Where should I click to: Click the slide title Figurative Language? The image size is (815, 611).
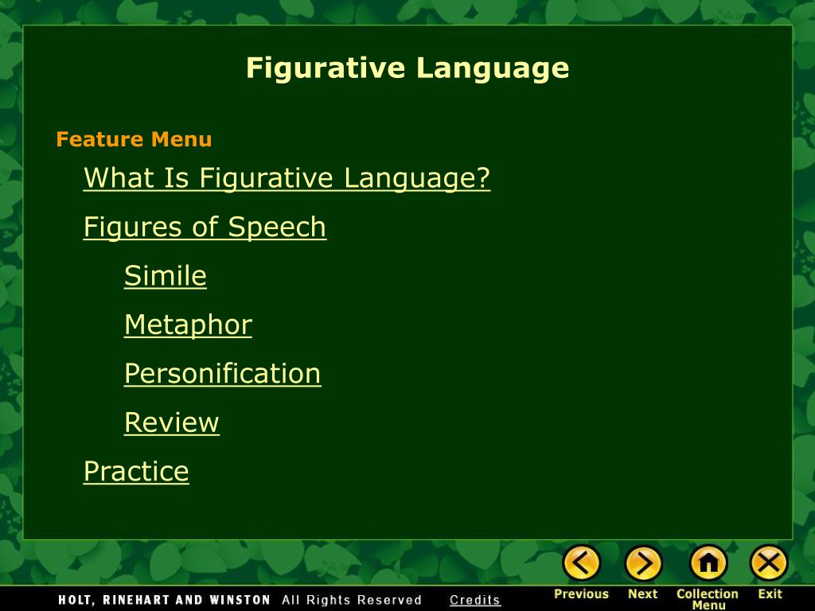click(407, 68)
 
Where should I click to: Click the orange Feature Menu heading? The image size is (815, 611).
click(134, 139)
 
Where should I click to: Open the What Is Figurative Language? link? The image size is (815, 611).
click(287, 178)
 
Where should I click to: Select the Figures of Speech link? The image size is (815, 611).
click(205, 227)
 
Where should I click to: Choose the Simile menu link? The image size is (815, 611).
click(166, 275)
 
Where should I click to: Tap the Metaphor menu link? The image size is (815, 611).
click(188, 325)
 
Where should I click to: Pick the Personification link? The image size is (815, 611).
click(223, 374)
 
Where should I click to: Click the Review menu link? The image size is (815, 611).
click(172, 422)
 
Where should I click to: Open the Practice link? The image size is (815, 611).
click(136, 471)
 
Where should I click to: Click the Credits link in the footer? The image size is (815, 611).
click(475, 600)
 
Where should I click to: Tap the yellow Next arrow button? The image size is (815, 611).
click(643, 563)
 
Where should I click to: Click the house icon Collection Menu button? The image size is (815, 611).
click(708, 563)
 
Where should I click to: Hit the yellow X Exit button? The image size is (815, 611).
click(770, 563)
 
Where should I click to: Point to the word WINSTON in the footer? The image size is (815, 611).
click(240, 600)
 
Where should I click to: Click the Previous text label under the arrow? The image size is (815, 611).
click(581, 593)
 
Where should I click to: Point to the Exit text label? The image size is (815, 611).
click(770, 593)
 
